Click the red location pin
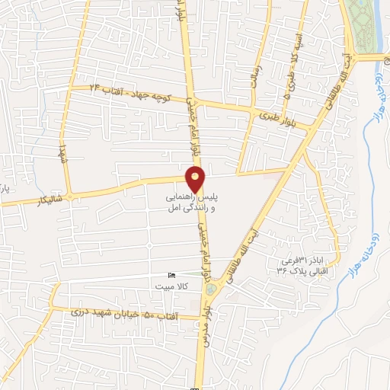tap(196, 178)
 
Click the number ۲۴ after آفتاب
tap(95, 89)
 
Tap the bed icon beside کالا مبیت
tap(171, 275)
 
